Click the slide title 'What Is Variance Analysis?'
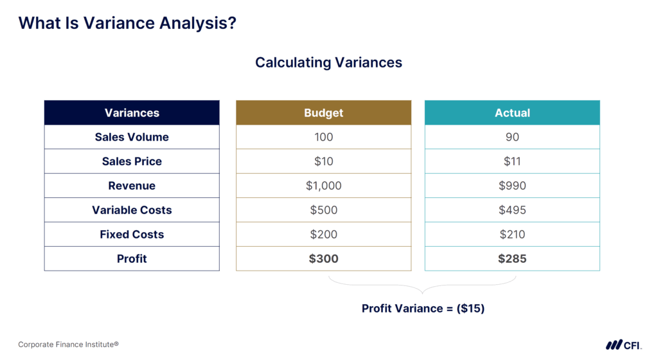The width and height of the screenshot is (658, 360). tap(127, 23)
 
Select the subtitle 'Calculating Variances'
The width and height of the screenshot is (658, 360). tap(328, 62)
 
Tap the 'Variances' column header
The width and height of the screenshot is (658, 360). tap(132, 113)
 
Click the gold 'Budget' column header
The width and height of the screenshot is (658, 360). tap(323, 113)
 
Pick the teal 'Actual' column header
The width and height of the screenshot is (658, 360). tap(512, 113)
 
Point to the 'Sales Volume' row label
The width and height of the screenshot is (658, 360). tap(132, 137)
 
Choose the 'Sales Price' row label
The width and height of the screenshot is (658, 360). tap(132, 161)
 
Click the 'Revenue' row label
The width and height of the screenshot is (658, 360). tap(132, 186)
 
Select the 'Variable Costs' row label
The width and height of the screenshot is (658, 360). tap(132, 210)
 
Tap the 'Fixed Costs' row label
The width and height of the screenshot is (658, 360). tap(132, 235)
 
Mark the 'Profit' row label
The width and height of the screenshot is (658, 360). tap(132, 258)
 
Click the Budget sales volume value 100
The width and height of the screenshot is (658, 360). tap(323, 137)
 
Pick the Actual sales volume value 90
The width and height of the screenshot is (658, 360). tap(512, 137)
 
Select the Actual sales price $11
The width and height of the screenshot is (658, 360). tap(512, 161)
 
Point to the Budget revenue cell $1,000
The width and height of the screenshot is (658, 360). tap(323, 186)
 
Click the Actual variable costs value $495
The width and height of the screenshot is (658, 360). tap(512, 210)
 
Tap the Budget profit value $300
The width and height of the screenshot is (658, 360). tap(323, 258)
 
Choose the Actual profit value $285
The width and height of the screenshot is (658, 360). tap(512, 258)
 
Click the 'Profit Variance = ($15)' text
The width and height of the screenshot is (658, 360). tap(423, 309)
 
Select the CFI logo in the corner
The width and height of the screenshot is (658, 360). tap(622, 345)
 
